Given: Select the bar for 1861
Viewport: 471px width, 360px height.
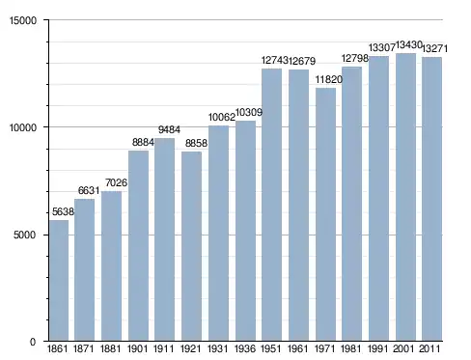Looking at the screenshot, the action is point(59,280).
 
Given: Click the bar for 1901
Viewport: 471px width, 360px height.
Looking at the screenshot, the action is point(138,245).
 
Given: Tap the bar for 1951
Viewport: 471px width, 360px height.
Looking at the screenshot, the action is point(271,205).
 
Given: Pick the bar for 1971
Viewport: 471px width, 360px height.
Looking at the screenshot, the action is point(325,214).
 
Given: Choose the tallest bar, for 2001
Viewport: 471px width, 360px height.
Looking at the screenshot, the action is point(405,197).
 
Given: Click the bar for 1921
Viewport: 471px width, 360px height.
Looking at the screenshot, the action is point(191,246).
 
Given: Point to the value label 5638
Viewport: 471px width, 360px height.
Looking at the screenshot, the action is point(63,211).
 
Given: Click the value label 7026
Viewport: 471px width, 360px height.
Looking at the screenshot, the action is point(116,182).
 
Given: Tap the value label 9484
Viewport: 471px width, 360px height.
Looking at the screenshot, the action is point(169,129).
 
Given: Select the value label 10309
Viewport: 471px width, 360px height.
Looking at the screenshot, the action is point(249,112).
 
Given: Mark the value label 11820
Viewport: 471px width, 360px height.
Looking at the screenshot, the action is point(329,79).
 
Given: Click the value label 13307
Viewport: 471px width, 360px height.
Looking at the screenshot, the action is point(382,47).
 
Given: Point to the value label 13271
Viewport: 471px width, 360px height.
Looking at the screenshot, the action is point(434,48).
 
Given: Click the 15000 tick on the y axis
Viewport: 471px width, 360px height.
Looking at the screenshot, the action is point(23,20).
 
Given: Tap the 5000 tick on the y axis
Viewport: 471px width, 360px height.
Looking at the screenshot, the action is point(24,235).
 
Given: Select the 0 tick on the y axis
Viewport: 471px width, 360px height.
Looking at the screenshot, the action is point(33,342).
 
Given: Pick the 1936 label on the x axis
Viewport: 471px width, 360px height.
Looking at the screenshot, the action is point(245,348).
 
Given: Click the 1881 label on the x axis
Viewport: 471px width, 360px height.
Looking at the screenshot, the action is point(110,348).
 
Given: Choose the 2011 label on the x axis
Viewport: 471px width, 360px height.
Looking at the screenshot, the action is point(429,348).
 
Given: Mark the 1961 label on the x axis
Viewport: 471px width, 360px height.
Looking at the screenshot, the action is point(297,348).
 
